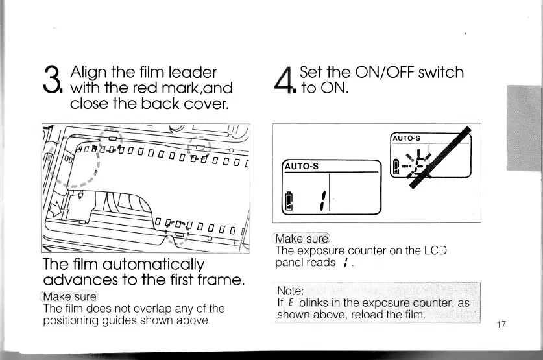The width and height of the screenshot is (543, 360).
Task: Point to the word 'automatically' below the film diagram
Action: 158,264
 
